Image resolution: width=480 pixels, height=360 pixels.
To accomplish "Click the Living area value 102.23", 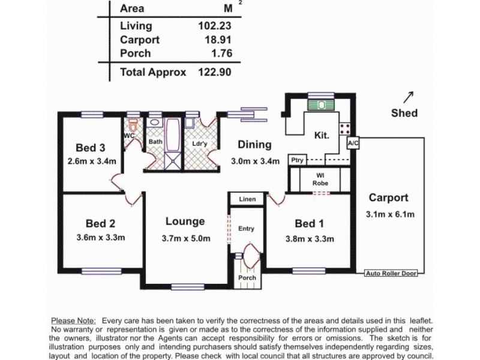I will (214, 26).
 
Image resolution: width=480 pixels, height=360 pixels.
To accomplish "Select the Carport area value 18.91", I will (217, 40).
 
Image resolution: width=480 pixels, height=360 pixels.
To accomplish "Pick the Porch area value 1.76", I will (220, 53).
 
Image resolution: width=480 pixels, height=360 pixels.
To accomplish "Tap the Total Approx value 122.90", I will (214, 72).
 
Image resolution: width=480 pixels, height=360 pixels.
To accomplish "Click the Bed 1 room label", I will (309, 224).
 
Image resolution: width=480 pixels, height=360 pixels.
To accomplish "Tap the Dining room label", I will (254, 145).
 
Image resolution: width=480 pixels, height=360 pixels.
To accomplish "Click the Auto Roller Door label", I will (391, 274).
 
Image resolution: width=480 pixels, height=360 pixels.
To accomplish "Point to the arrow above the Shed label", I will (409, 97).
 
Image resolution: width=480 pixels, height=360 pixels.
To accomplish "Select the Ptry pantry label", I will (296, 160).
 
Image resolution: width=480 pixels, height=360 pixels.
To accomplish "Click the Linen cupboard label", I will (247, 199).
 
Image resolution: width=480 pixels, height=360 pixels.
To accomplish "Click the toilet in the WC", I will (133, 125).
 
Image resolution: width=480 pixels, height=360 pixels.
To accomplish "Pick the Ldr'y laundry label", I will (199, 144).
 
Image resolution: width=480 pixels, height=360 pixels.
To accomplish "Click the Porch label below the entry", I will (247, 278).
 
